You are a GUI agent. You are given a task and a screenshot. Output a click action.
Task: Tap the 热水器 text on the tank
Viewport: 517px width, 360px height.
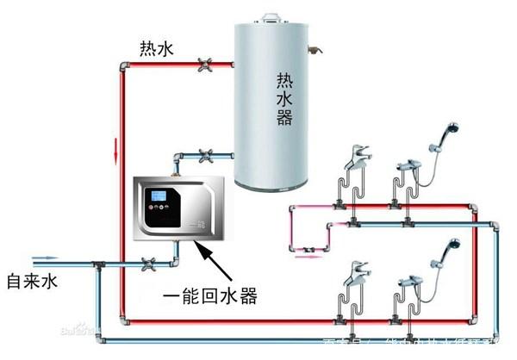pyautogui.click(x=284, y=98)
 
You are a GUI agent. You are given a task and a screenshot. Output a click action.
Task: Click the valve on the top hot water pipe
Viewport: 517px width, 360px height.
pyautogui.click(x=206, y=64)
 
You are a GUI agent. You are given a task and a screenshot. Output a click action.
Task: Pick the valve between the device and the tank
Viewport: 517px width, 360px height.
pyautogui.click(x=206, y=157)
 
